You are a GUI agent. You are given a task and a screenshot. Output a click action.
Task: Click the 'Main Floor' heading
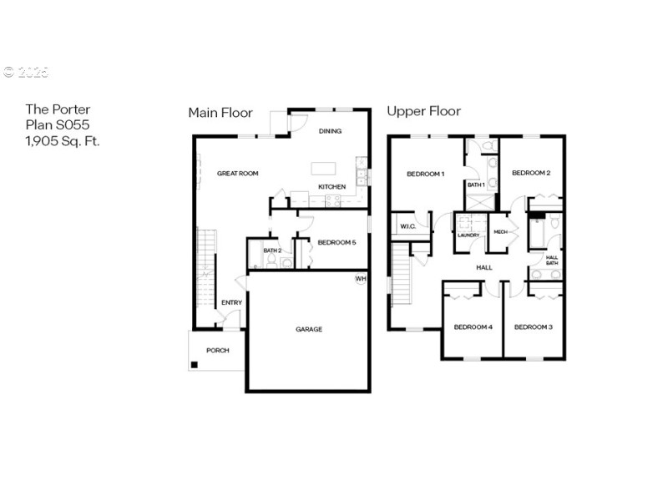220,112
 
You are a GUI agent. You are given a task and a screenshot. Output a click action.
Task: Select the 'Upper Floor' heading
423,111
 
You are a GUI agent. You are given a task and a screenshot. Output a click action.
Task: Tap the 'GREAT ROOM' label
237,174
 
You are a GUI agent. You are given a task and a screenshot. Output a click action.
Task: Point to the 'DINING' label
331,131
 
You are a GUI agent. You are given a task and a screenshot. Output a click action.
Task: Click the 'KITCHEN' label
331,186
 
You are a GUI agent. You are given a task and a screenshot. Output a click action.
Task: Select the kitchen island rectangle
323,168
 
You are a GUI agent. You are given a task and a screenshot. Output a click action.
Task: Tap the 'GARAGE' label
308,329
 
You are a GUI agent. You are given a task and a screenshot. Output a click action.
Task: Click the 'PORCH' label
217,350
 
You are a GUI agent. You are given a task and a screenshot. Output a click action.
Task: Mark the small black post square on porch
194,364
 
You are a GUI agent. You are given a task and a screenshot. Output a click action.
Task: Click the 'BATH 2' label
271,250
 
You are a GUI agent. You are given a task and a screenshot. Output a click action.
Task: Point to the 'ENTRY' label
231,302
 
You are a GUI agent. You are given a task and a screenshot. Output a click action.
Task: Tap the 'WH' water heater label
361,278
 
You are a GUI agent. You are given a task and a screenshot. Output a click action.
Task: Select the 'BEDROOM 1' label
425,174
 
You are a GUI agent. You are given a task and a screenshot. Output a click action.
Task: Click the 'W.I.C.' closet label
407,225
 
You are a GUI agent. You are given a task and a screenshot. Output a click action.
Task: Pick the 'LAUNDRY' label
468,235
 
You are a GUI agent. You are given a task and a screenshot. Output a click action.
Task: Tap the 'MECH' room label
500,232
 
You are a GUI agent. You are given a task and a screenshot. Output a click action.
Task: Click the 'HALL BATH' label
552,261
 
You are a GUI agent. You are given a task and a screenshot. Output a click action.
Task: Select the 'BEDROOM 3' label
533,326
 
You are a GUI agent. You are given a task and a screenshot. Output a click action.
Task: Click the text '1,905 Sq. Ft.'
63,141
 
